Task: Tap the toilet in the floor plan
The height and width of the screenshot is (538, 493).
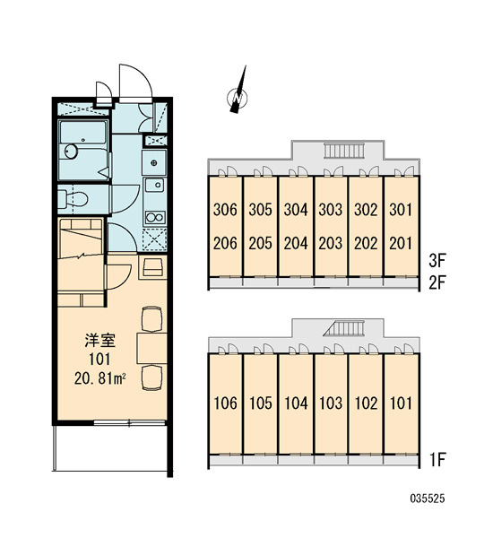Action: click(74, 199)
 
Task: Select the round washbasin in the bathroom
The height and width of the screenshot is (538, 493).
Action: click(71, 152)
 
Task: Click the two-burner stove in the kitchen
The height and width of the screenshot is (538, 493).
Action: click(155, 218)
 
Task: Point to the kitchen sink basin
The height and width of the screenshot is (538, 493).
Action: click(155, 186)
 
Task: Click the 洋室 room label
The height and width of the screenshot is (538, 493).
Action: click(99, 340)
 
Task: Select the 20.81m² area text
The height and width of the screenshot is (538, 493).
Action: click(99, 378)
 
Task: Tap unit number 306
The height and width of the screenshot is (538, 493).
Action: click(225, 209)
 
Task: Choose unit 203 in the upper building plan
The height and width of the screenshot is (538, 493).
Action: click(331, 243)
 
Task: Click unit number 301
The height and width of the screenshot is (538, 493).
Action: click(401, 209)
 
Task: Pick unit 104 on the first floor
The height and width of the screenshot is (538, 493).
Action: click(296, 403)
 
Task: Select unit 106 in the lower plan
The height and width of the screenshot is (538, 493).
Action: click(225, 403)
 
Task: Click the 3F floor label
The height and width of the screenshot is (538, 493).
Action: click(437, 261)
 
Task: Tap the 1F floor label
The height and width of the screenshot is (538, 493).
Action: click(437, 459)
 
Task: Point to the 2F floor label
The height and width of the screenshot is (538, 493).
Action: click(437, 282)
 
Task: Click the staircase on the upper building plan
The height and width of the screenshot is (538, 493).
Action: click(344, 151)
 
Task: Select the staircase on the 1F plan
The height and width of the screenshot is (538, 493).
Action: click(344, 328)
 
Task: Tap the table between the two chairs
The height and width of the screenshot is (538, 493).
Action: click(151, 348)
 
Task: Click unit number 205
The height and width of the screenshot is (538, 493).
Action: click(261, 243)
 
